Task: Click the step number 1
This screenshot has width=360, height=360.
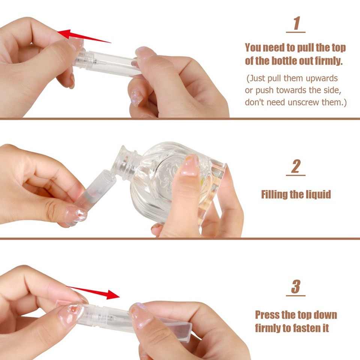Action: click(296, 23)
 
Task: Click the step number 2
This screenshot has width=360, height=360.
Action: click(296, 167)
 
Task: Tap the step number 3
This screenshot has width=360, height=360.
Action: click(296, 287)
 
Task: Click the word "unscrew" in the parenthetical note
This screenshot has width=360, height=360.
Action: click(303, 102)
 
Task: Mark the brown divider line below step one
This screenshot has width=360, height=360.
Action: click(180, 119)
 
